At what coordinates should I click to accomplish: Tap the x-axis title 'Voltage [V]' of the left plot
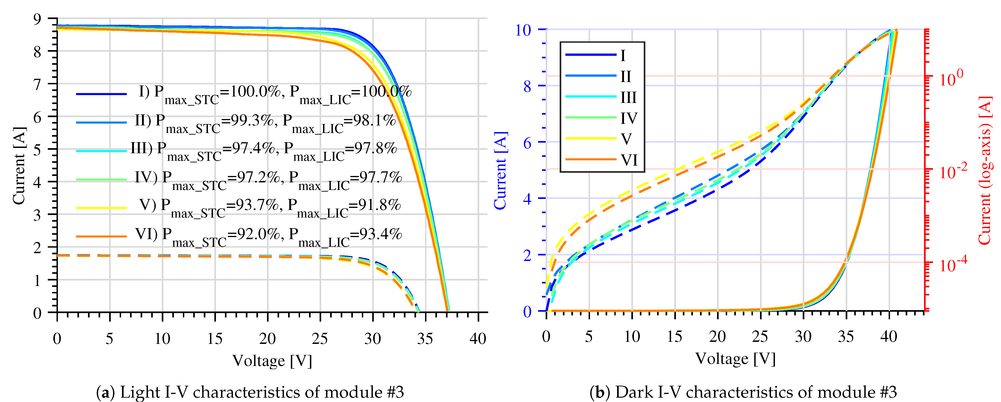272,361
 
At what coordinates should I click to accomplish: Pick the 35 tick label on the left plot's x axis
425,339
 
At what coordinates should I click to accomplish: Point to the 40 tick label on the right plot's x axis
889,336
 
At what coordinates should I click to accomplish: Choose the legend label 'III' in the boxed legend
628,97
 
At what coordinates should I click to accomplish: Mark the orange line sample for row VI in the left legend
101,236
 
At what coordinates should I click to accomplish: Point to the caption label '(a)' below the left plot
105,392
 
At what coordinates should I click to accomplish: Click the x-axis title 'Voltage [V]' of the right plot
735,359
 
